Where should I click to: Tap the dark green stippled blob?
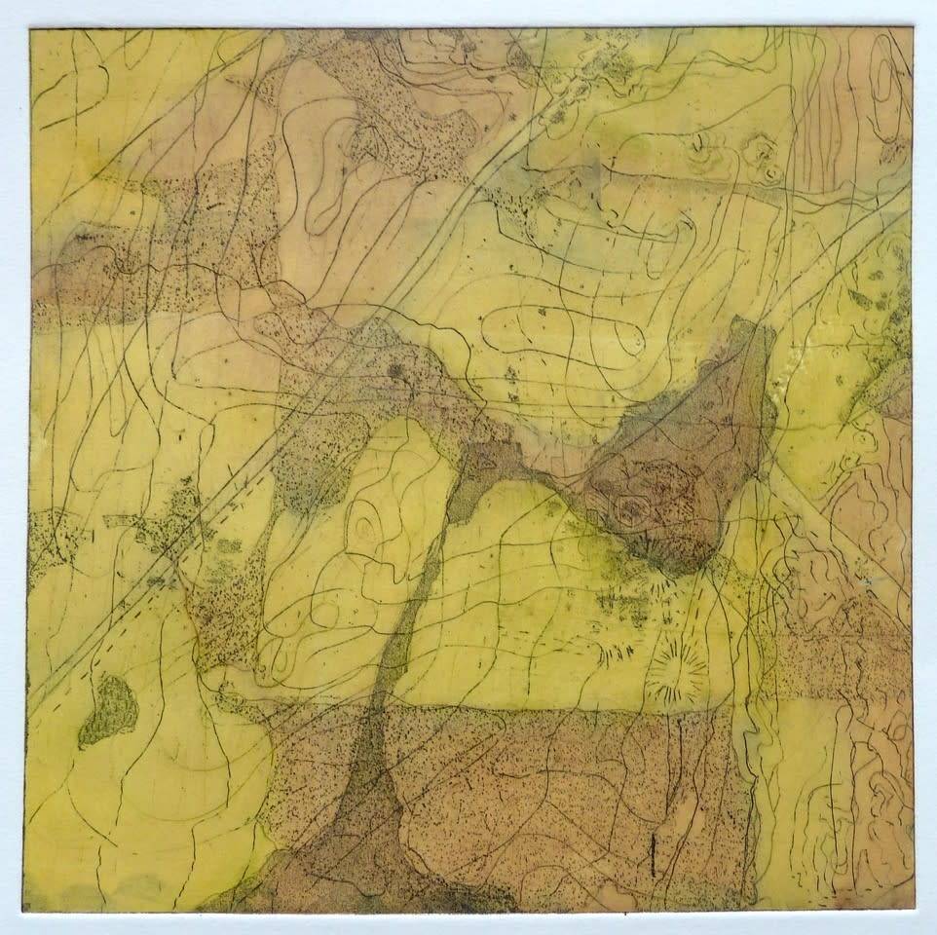coord(108,708)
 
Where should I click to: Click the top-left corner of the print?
coord(30,29)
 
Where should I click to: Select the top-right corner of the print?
coord(913,27)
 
